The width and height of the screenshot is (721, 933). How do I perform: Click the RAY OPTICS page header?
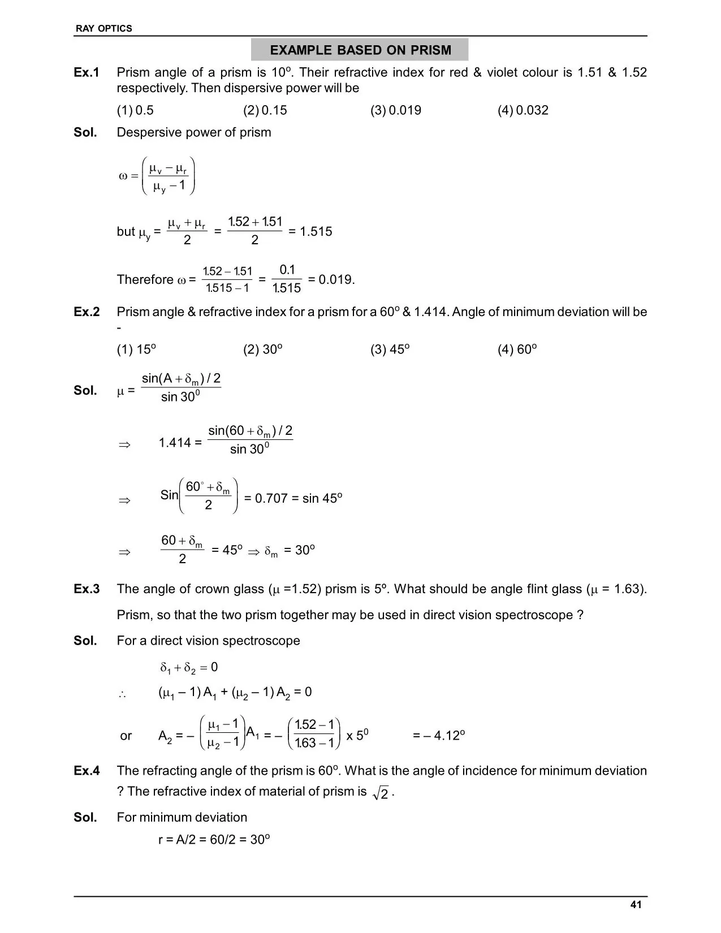click(x=104, y=28)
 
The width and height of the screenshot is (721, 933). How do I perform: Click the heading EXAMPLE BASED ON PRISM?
click(x=360, y=50)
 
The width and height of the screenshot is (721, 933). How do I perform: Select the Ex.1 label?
click(x=87, y=72)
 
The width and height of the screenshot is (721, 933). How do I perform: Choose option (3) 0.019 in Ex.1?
click(x=396, y=110)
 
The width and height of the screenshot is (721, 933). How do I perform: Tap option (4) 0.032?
click(x=523, y=110)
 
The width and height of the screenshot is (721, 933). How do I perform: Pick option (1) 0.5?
click(x=135, y=110)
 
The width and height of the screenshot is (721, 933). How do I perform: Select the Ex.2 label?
click(x=87, y=312)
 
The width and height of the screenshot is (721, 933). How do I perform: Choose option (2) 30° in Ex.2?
click(x=263, y=349)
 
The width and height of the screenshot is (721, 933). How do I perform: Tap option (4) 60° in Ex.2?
click(x=517, y=349)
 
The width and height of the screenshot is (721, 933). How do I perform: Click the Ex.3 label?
click(x=87, y=589)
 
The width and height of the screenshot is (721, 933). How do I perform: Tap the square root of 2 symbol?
click(x=381, y=793)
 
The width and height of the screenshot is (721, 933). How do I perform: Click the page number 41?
click(x=636, y=905)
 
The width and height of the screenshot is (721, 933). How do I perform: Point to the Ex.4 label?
click(x=87, y=771)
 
